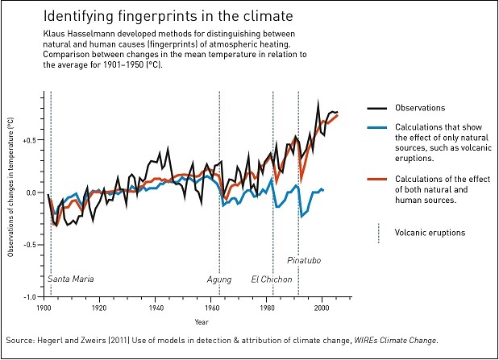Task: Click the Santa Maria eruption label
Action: pos(71,279)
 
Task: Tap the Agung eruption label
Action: pos(218,279)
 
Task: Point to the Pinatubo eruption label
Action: pos(305,260)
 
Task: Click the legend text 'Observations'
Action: pos(420,108)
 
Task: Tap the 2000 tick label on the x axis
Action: pos(322,308)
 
